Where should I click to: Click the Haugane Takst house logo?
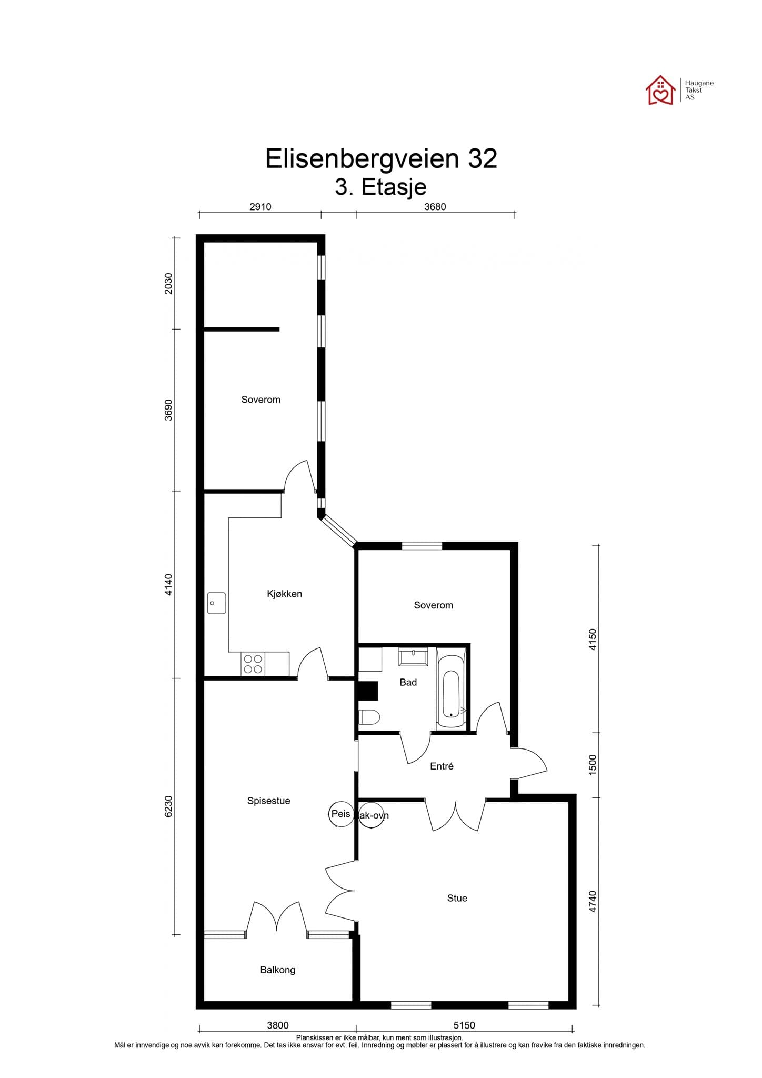[x=660, y=91]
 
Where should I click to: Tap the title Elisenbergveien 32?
[x=381, y=158]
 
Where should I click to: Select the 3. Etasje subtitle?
[x=380, y=187]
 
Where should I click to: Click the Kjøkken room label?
[x=284, y=594]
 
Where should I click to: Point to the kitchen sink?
[x=216, y=603]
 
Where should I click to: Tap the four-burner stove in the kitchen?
[x=253, y=664]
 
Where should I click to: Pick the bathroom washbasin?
[x=414, y=656]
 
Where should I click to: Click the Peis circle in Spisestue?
[x=340, y=814]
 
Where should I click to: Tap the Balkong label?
[x=277, y=970]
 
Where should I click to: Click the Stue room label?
[x=457, y=898]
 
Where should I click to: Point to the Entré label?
[x=442, y=766]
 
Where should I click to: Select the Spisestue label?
[x=268, y=801]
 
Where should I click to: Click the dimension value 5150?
[x=464, y=1025]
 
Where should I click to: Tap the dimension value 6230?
[x=168, y=806]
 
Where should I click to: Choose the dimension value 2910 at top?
[x=260, y=207]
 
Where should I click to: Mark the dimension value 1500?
[x=593, y=764]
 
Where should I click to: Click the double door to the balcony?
[x=277, y=919]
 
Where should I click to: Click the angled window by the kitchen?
[x=339, y=531]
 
